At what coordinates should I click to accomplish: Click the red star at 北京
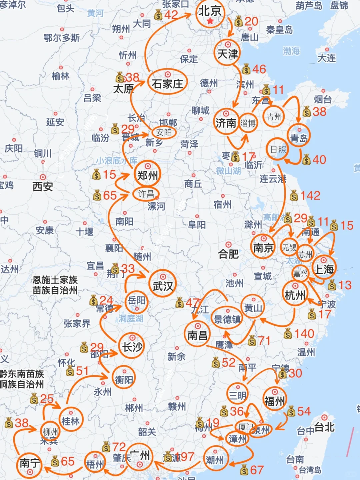point(210,21)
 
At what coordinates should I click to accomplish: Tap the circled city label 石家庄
point(167,83)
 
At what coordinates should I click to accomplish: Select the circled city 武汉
point(163,286)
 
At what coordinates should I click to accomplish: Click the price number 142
point(310,195)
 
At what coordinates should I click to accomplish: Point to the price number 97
point(187,457)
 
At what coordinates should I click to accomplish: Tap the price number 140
point(304,333)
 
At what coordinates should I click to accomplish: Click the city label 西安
point(43,186)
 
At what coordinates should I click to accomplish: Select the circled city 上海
point(324,269)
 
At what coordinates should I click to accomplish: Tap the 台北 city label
point(324,427)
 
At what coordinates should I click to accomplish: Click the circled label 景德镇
point(227,319)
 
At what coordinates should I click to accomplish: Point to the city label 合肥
point(228,254)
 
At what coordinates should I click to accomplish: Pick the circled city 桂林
point(71,421)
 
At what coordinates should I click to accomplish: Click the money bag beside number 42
point(158,15)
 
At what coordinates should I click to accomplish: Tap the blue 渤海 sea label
point(291,51)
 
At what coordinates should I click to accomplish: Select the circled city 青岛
point(299,137)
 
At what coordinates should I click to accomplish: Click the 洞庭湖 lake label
point(131,318)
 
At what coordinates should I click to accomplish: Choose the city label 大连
point(327,58)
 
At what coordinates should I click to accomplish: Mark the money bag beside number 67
point(244,470)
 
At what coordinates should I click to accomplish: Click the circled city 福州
point(274,401)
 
